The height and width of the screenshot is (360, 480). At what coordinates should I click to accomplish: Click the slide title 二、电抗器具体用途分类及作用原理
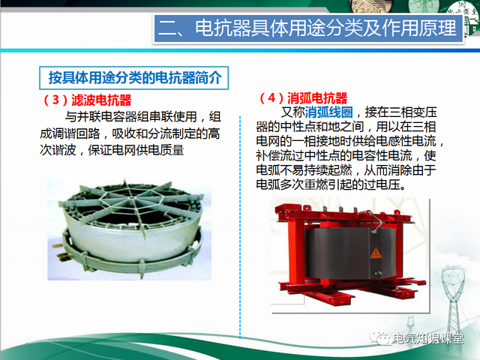pos(308,29)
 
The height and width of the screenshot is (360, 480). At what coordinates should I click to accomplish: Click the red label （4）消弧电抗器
pos(303,98)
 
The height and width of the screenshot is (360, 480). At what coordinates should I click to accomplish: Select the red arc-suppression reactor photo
pos(346,252)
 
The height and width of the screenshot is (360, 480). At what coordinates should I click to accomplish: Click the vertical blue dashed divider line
pos(240,225)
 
